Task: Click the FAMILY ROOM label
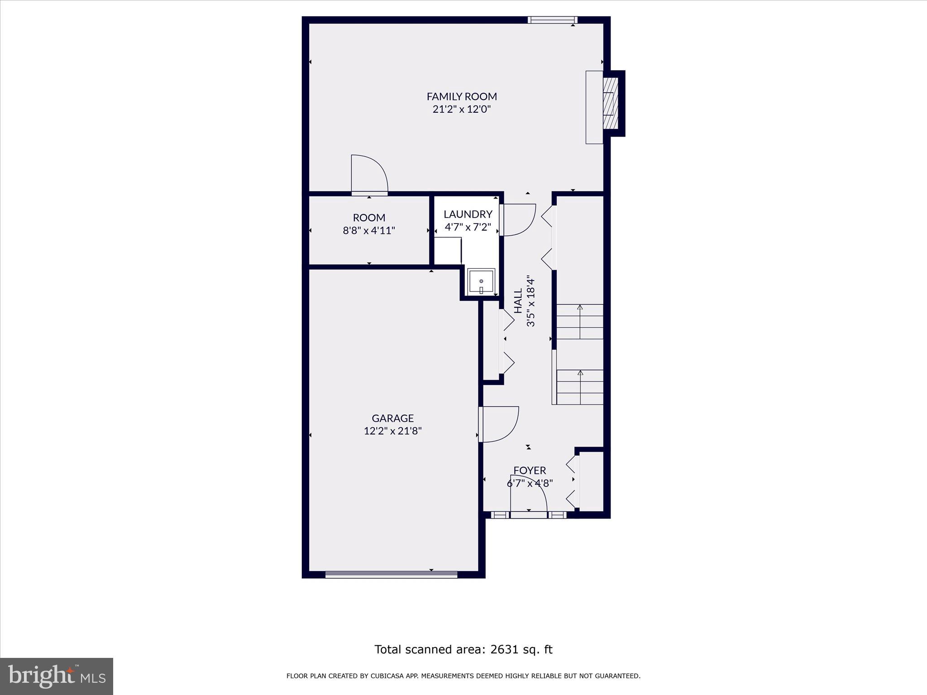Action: click(x=462, y=96)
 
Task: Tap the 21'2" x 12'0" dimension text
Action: click(x=462, y=109)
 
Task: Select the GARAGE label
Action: click(x=392, y=418)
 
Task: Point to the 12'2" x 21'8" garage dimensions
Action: click(x=392, y=431)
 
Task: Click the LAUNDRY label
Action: click(x=468, y=214)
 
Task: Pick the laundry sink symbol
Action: click(x=481, y=281)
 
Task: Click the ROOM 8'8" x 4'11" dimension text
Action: click(x=369, y=230)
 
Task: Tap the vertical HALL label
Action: click(x=518, y=301)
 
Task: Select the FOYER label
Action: click(x=530, y=471)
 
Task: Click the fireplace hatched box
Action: click(x=611, y=103)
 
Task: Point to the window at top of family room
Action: click(x=552, y=19)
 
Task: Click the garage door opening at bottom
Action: click(x=391, y=575)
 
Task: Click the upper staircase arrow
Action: click(x=580, y=321)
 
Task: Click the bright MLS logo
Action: click(x=57, y=676)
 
